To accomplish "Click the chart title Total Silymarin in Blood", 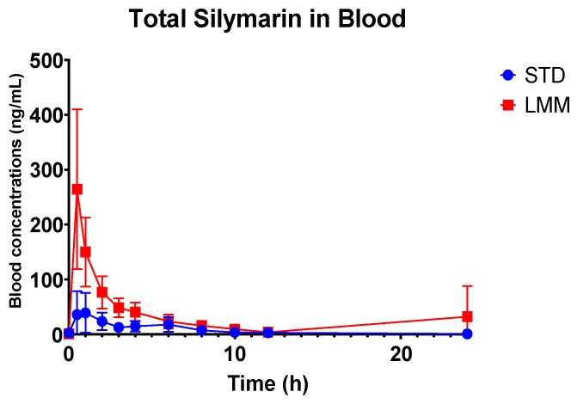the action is tap(267, 19).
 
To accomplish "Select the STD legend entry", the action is tap(533, 76).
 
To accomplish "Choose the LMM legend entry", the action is tap(536, 105).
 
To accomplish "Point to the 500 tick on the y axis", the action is tap(46, 60).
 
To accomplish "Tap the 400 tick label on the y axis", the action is tap(46, 115).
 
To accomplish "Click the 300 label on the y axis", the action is tap(46, 169).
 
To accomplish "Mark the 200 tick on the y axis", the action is tap(46, 224).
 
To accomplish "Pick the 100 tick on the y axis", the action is tap(46, 279).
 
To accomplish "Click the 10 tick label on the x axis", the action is tap(235, 354).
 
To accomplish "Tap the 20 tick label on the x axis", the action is tap(401, 354).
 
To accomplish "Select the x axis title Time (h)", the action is tap(268, 383).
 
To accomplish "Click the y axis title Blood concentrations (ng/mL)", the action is tap(15, 191).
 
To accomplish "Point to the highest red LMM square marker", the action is tap(77, 189).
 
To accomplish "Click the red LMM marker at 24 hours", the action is tap(467, 316).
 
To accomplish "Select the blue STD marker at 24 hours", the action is tap(467, 334).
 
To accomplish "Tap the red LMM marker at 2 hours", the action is tap(102, 292).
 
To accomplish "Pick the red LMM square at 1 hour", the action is tap(85, 252).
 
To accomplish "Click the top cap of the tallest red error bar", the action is tap(77, 109).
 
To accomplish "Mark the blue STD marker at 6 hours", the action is tap(169, 324).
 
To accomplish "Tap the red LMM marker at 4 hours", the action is tap(135, 312).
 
